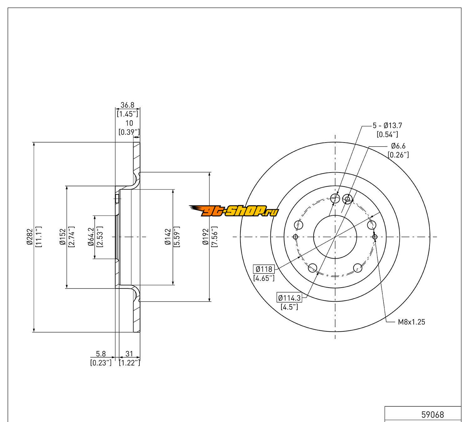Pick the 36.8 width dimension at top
tap(127, 106)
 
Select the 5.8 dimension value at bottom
tap(101, 354)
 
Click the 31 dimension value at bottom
tap(129, 354)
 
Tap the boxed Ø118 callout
tap(264, 269)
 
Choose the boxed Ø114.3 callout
tap(289, 298)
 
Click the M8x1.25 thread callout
tap(411, 322)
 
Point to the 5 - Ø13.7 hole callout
tap(387, 126)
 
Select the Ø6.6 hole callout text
tap(398, 146)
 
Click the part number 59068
tap(433, 414)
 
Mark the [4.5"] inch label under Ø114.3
tap(289, 307)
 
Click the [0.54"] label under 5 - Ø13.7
tap(387, 134)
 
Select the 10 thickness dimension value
tap(129, 123)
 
